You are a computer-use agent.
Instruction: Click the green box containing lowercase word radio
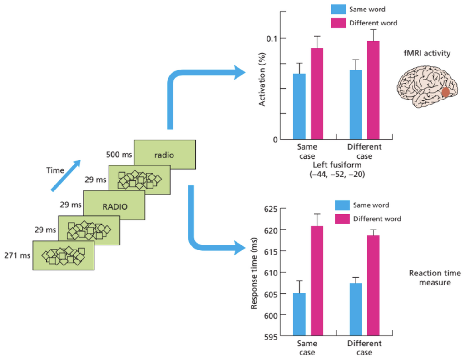(x=164, y=155)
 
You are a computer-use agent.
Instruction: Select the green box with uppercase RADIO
(x=114, y=205)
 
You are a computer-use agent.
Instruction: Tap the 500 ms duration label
(x=119, y=155)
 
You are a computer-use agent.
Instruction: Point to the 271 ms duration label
(x=17, y=255)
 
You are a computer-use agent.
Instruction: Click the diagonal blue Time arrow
(x=66, y=176)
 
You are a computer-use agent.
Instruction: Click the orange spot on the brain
(x=445, y=92)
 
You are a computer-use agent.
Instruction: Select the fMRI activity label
(x=427, y=53)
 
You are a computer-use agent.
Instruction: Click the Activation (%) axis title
(x=262, y=79)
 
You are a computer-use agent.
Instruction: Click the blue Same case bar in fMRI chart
(x=299, y=106)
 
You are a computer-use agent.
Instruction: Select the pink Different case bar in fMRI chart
(x=373, y=90)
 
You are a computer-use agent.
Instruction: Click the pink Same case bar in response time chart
(x=317, y=281)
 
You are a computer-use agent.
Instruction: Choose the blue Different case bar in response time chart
(x=356, y=310)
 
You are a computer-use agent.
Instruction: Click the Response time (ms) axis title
(x=254, y=273)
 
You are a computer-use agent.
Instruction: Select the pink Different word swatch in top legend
(x=338, y=23)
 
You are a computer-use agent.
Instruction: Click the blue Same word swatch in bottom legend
(x=342, y=205)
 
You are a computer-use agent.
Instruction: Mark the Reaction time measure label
(x=435, y=277)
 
